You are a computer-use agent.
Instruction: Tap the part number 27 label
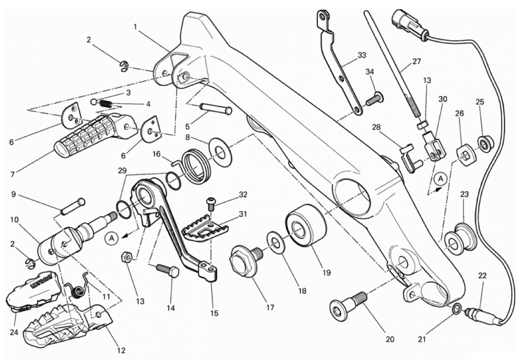pos(416,61)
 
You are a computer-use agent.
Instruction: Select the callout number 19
pos(327,273)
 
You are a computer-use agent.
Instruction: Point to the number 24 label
pos(14,332)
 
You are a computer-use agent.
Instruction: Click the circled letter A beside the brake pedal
pos(112,238)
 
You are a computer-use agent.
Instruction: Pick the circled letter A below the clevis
pos(441,179)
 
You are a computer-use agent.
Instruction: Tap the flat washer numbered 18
pos(275,243)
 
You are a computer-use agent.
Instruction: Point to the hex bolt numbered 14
pos(168,270)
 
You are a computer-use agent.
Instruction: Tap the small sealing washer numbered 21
pos(456,309)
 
